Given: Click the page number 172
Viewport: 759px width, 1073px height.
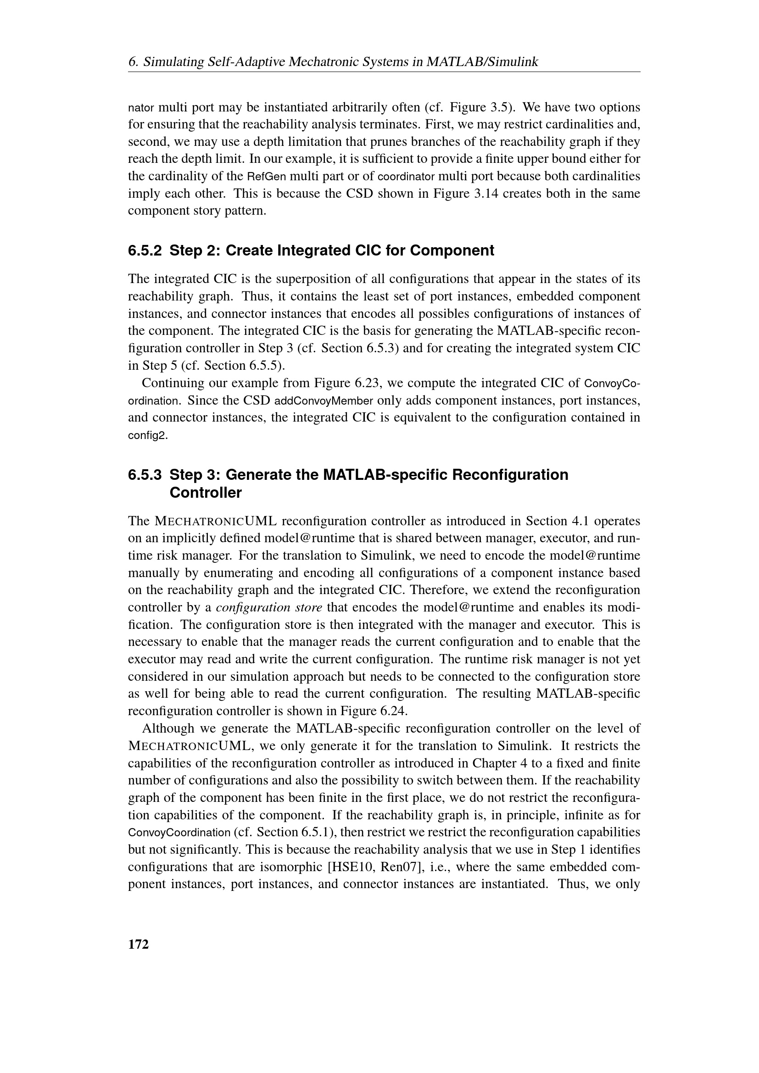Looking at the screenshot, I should tap(138, 944).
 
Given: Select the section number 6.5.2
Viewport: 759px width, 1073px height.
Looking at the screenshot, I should tap(145, 251).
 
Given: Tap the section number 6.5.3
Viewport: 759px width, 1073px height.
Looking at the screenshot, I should tap(145, 475).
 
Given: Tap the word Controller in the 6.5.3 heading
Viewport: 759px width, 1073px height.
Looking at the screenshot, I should tap(206, 493).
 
